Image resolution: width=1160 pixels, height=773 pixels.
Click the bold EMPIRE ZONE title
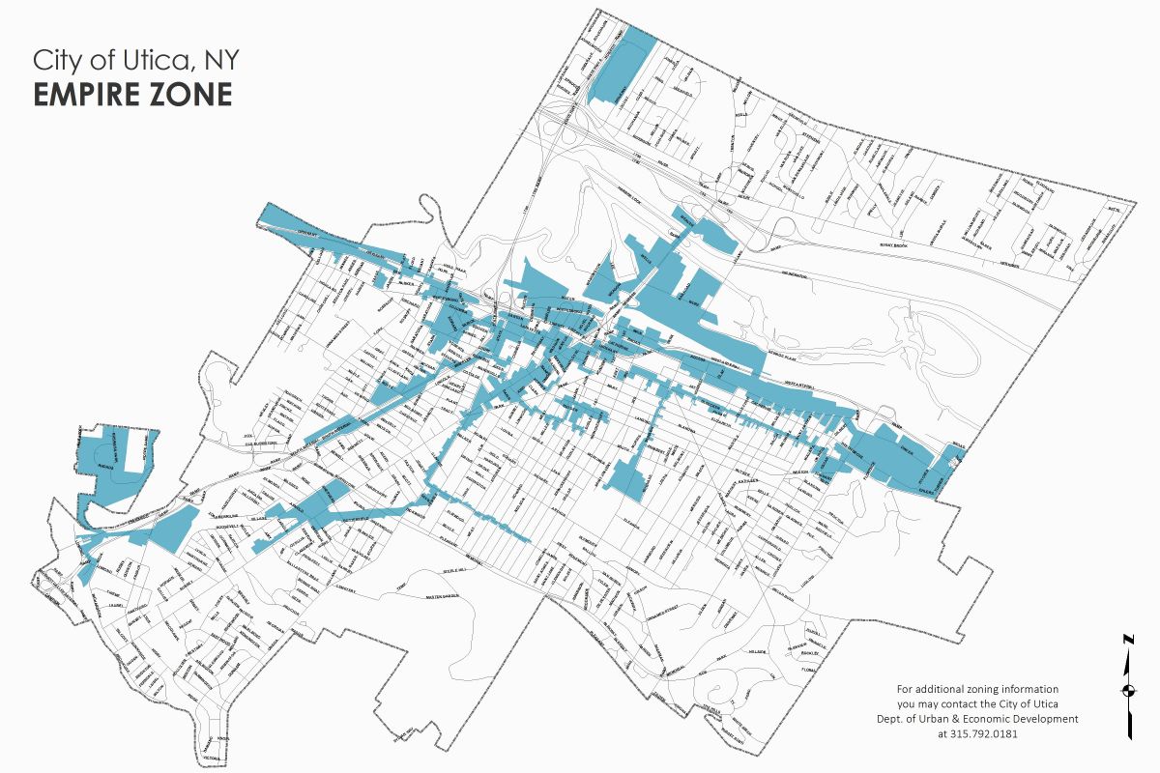point(132,95)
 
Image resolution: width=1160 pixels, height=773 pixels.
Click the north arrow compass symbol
point(1127,689)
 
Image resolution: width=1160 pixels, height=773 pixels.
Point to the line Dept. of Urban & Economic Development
point(987,719)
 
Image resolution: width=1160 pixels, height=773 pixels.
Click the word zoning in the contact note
point(983,689)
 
